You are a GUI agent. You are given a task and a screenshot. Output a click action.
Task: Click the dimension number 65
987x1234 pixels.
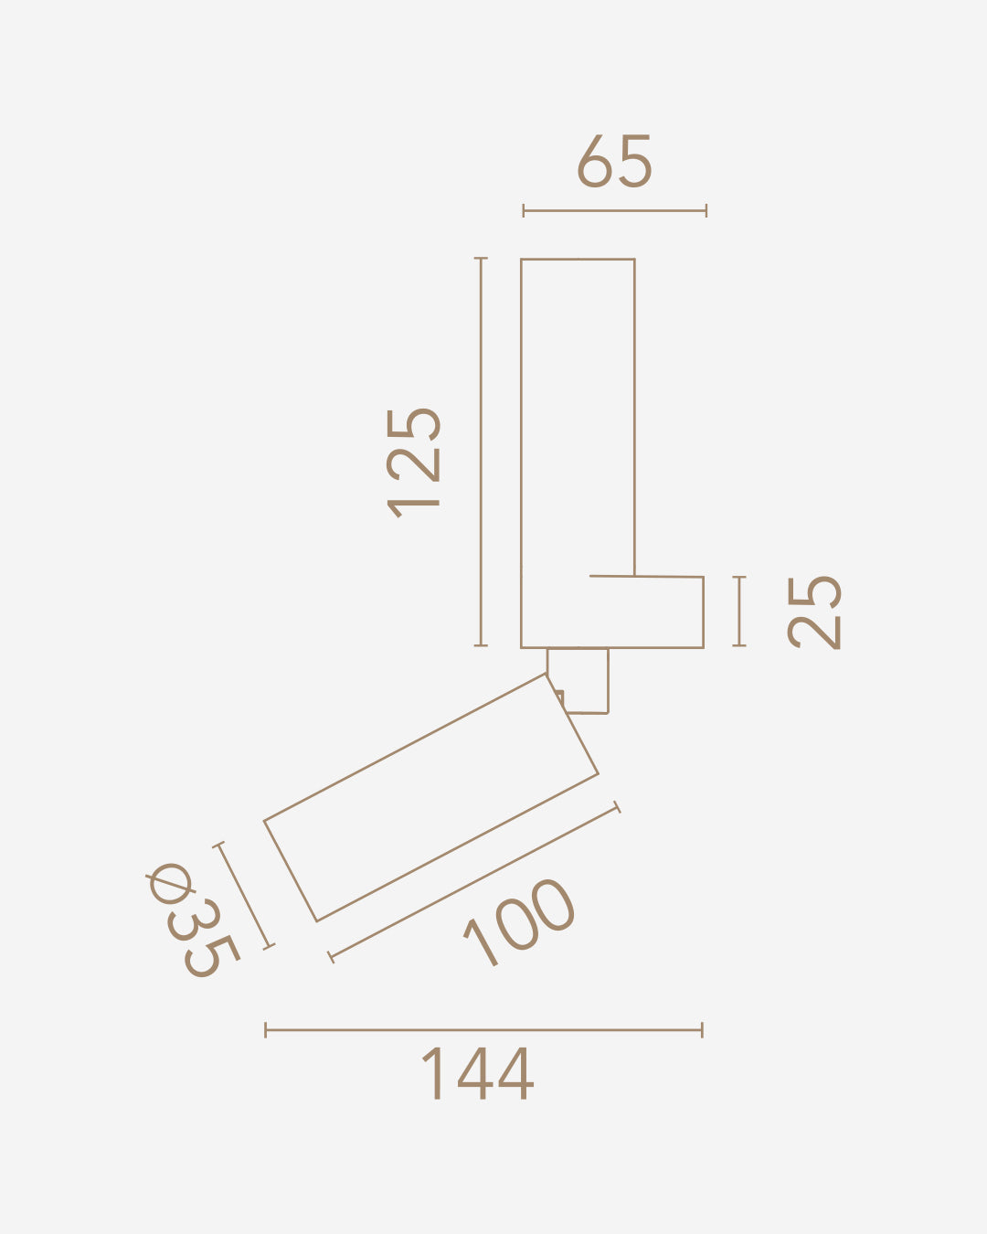point(614,162)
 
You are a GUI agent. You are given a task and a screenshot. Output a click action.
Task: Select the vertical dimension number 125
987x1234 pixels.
point(415,462)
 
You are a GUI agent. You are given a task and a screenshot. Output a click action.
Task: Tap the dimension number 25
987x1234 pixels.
point(814,612)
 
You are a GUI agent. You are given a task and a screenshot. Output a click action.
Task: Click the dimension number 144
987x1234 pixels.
point(476,1075)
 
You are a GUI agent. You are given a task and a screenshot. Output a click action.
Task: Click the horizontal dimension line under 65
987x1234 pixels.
point(614,211)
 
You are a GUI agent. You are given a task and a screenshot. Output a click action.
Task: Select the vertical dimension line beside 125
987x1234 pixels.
point(481,452)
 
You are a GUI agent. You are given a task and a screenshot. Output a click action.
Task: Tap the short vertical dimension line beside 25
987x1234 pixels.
point(739,612)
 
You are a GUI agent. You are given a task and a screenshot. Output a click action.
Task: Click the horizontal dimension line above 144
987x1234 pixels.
point(483,1030)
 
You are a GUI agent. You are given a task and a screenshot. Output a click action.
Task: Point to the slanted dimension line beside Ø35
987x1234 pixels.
point(244,896)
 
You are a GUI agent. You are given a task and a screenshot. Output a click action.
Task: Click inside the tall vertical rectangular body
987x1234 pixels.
point(578,411)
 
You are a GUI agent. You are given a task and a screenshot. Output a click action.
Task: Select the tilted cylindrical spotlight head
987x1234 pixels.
point(431,797)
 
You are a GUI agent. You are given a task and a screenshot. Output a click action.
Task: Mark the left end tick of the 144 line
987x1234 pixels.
point(266,1030)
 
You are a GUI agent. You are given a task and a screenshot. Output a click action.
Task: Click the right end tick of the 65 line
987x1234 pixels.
point(706,211)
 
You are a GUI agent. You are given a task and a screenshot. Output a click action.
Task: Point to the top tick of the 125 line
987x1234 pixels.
point(481,259)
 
